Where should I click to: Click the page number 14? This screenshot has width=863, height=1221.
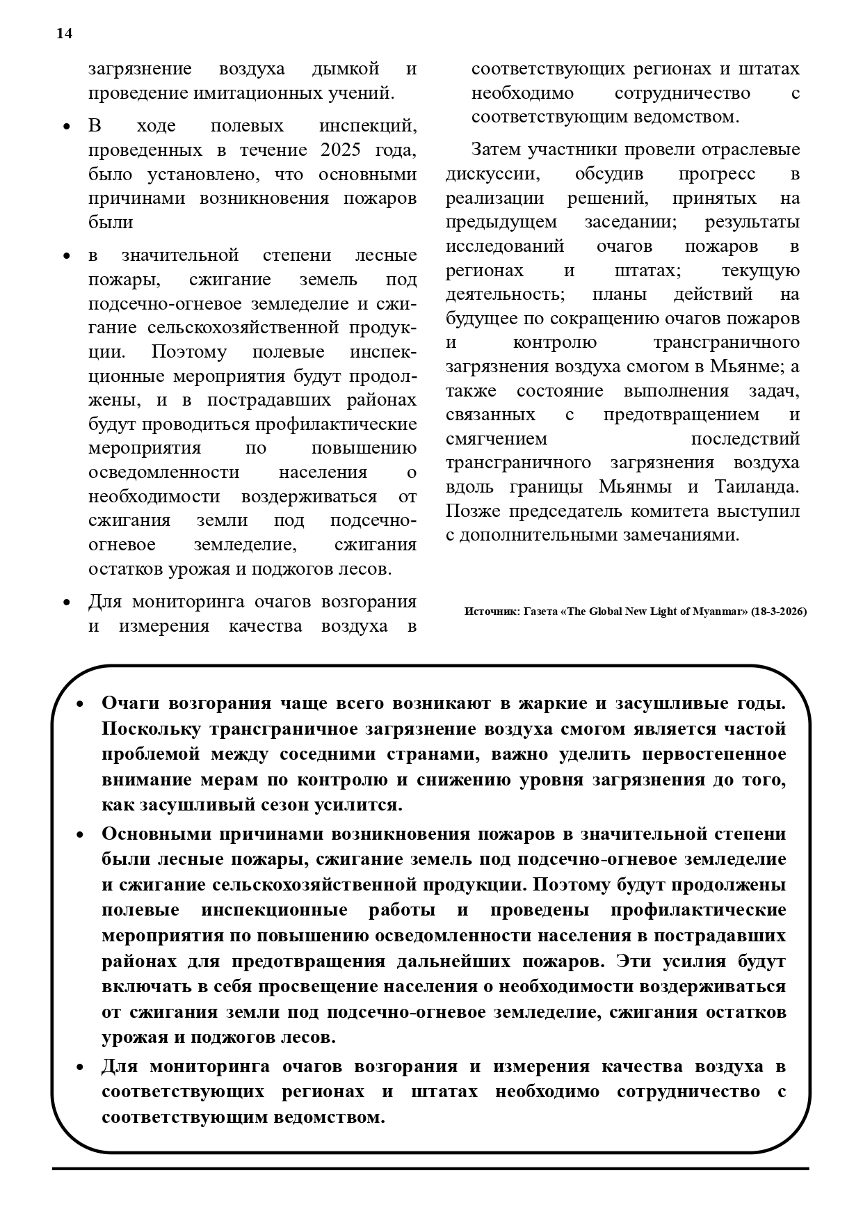pos(64,33)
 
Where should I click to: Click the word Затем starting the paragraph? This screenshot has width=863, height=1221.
pos(496,150)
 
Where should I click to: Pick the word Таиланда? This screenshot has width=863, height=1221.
pos(757,486)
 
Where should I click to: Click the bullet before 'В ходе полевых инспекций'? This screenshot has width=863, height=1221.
pos(67,127)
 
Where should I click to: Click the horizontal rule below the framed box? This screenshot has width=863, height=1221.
pos(431,1168)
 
